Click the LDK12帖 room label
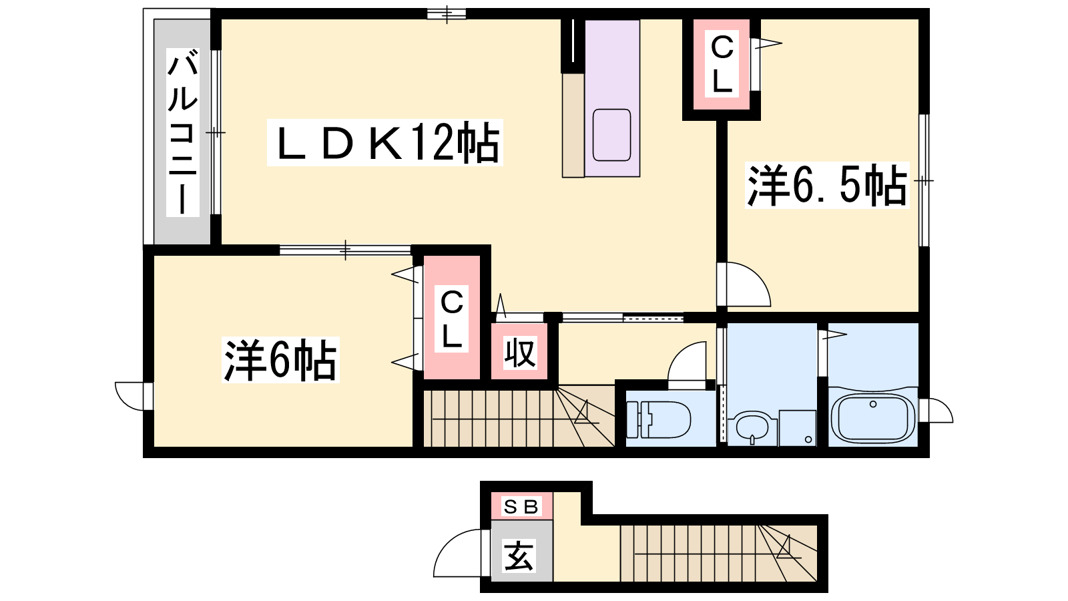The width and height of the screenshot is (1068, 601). point(385,143)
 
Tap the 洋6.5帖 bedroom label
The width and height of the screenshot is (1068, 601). point(827,186)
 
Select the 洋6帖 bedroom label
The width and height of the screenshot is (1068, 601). point(281,360)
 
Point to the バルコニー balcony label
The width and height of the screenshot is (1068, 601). point(183,133)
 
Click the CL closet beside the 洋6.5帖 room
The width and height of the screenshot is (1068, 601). point(722,64)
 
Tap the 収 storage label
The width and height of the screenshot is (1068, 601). point(520,353)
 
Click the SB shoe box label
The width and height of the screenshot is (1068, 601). point(521,507)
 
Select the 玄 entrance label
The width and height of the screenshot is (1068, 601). point(519,556)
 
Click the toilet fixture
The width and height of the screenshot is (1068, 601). point(658,419)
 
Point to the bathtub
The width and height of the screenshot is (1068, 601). point(873,418)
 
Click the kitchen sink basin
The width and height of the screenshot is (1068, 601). point(611,134)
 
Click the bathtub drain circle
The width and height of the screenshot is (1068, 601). point(873,404)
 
